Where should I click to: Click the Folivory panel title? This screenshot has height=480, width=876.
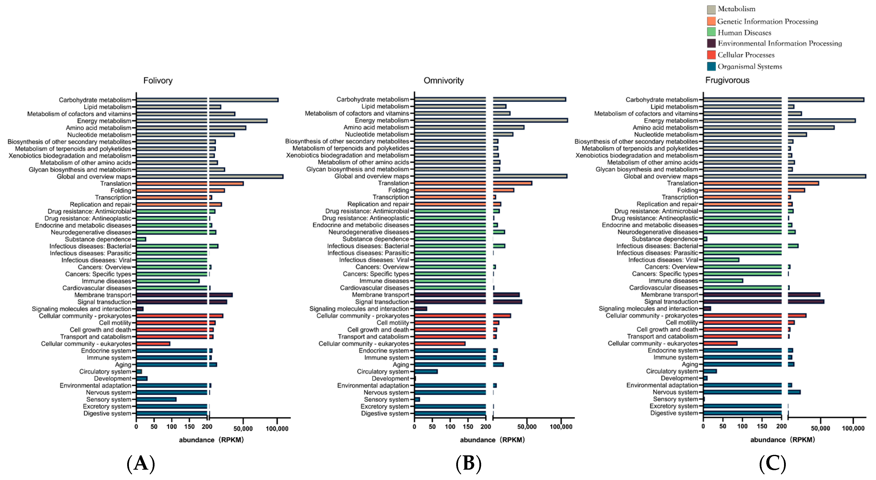pyautogui.click(x=158, y=81)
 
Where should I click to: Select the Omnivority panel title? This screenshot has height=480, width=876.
pyautogui.click(x=443, y=81)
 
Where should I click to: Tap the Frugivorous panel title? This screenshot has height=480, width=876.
pyautogui.click(x=727, y=80)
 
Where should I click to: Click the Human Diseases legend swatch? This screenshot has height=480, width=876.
pyautogui.click(x=711, y=32)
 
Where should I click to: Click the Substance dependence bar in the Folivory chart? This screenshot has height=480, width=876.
pyautogui.click(x=141, y=239)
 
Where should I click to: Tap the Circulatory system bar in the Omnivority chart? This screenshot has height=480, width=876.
pyautogui.click(x=426, y=372)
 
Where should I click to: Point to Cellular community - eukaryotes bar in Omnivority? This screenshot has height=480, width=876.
pyautogui.click(x=440, y=344)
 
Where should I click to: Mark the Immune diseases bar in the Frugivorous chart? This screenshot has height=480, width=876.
pyautogui.click(x=723, y=281)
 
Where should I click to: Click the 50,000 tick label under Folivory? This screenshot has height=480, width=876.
pyautogui.click(x=243, y=429)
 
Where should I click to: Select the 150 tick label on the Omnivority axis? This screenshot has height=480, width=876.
pyautogui.click(x=468, y=427)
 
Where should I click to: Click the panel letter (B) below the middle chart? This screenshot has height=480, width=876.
pyautogui.click(x=468, y=463)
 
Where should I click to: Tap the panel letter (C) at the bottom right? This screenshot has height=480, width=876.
pyautogui.click(x=772, y=463)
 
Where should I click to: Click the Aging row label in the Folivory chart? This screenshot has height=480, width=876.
pyautogui.click(x=123, y=365)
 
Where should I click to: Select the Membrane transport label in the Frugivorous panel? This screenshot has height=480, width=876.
pyautogui.click(x=669, y=295)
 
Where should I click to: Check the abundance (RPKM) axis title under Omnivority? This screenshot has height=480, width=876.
pyautogui.click(x=492, y=440)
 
